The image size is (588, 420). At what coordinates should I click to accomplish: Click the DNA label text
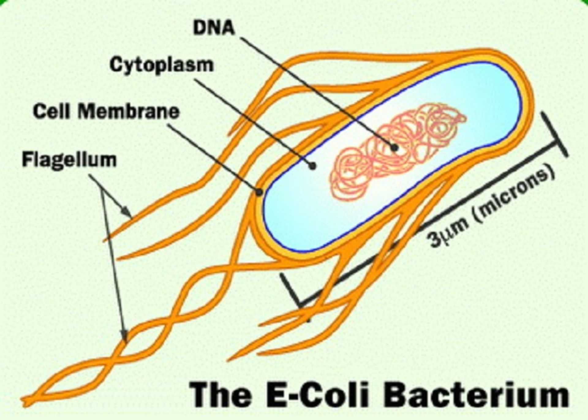[214, 28]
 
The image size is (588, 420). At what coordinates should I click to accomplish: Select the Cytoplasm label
[161, 65]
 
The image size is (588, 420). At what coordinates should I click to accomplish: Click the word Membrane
[128, 112]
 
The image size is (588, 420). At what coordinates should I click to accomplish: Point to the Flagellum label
[69, 160]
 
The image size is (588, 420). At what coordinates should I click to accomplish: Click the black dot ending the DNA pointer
[395, 148]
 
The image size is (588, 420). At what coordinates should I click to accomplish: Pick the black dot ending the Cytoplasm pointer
[312, 166]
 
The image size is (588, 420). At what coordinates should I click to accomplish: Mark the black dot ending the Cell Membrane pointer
[259, 192]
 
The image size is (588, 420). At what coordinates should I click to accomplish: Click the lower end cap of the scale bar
[291, 291]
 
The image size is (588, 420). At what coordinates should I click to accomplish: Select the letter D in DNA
[200, 28]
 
